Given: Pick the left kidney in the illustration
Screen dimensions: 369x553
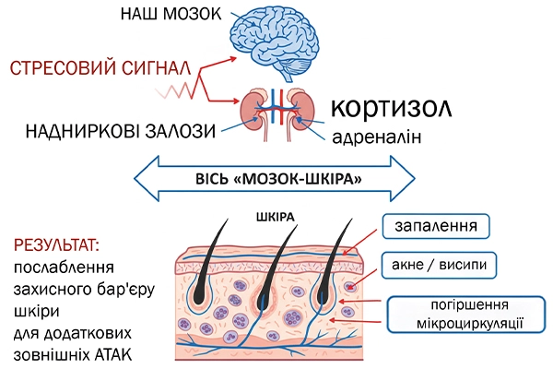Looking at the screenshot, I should (259, 108).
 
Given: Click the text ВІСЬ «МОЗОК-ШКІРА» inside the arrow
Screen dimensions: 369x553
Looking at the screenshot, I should (274, 174).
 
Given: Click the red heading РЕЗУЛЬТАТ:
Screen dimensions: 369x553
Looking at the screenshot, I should (57, 247).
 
